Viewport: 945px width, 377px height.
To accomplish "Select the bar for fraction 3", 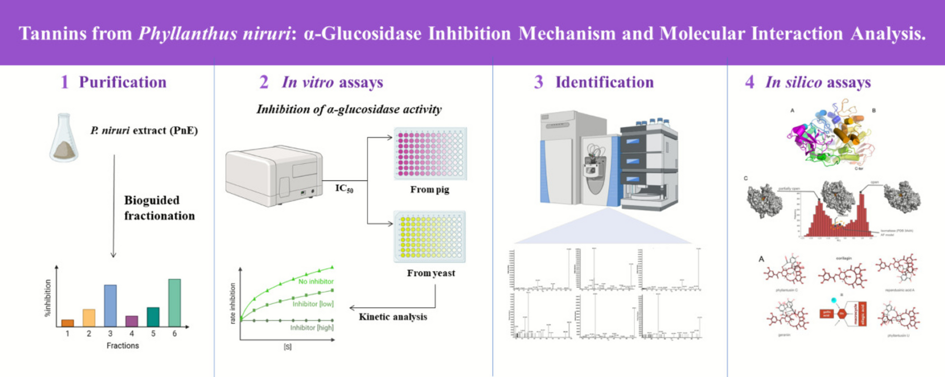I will point(110,305).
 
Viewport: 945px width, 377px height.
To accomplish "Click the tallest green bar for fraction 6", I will point(174,303).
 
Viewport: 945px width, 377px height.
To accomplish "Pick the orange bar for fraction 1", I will point(67,323).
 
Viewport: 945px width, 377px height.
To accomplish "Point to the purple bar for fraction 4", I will point(132,321).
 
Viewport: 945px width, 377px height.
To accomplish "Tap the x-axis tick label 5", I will point(153,334).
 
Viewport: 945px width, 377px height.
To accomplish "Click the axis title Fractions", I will point(122,345).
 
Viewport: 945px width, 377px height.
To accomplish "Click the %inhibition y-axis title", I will point(47,298).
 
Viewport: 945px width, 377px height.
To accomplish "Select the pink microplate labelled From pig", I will point(430,154).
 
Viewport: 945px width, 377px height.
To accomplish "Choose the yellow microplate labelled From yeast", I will point(430,237).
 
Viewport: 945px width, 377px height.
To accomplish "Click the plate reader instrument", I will point(274,175).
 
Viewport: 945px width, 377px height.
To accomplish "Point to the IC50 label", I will point(344,188).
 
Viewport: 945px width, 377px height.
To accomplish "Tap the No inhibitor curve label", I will point(316,281).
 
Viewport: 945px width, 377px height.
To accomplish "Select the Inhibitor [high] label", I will point(311,328).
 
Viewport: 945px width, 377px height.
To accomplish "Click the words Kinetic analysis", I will point(393,317).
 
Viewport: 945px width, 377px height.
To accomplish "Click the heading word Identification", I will point(604,82).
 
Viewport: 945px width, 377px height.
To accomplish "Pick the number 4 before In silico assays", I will point(749,82).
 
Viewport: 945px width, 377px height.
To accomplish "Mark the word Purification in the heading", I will point(122,82).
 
